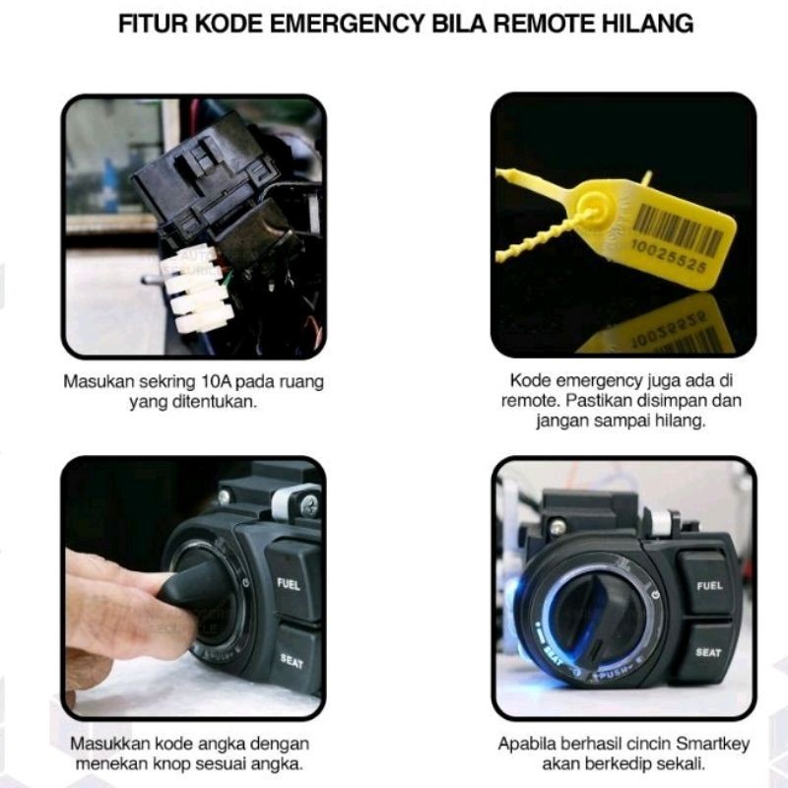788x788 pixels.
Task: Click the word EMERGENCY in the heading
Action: (x=348, y=24)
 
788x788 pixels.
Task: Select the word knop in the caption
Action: (x=170, y=764)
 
